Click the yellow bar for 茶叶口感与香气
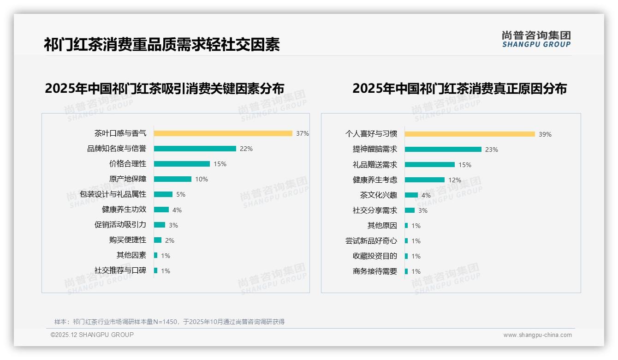[x=223, y=133]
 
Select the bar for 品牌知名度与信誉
[x=195, y=149]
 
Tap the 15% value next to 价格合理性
[x=220, y=164]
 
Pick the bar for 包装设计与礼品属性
[x=163, y=194]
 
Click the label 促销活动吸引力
[x=120, y=225]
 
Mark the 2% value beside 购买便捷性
[x=170, y=240]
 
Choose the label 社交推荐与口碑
[x=120, y=270]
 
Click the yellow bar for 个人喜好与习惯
[x=469, y=134]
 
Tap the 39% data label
[x=545, y=134]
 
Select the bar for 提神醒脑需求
[x=443, y=150]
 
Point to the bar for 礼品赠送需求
[x=429, y=165]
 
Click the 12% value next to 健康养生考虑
[x=455, y=180]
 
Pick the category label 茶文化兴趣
[x=378, y=195]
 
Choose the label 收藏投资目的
[x=374, y=256]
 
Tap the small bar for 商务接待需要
[x=406, y=271]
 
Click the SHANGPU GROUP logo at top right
[x=536, y=39]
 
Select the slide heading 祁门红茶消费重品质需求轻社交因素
[x=162, y=45]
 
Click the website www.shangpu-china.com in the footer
[x=537, y=335]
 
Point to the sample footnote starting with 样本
[x=169, y=322]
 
